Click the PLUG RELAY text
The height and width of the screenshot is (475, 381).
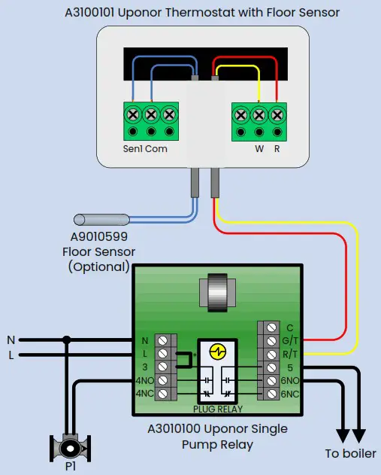click(218, 409)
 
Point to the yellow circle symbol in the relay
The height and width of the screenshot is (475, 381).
click(218, 352)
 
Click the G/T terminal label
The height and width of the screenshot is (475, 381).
click(290, 341)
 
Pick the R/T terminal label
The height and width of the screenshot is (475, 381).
click(290, 354)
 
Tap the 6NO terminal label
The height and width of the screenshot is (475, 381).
click(289, 381)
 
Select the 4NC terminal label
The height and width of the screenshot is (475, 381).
click(144, 394)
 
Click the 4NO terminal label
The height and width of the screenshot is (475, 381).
click(144, 381)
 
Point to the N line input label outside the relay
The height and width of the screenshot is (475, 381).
click(11, 340)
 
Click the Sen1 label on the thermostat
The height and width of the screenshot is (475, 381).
click(132, 149)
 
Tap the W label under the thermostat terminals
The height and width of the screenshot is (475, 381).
click(259, 149)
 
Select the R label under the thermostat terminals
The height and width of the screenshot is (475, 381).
click(277, 149)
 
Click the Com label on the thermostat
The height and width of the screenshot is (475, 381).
click(156, 149)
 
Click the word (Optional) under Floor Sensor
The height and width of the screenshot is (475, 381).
click(98, 266)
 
